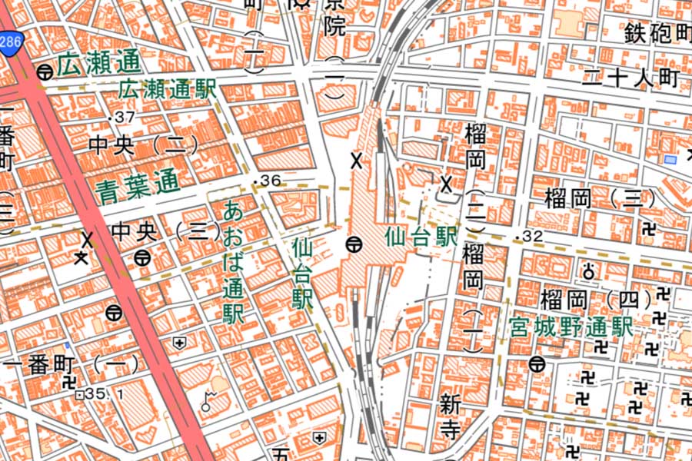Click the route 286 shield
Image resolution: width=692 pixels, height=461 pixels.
11,41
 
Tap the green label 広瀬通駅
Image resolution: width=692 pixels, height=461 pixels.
166,89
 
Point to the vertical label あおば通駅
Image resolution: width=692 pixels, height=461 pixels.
234,261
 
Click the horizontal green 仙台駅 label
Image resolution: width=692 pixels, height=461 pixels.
421,236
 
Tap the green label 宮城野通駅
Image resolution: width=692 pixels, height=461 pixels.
571,328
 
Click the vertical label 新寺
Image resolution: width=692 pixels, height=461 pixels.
451,416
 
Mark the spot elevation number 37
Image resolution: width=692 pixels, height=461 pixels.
125,117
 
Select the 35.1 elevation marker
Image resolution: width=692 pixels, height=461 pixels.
96,394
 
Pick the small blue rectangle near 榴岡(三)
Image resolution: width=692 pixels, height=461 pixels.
670,159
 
